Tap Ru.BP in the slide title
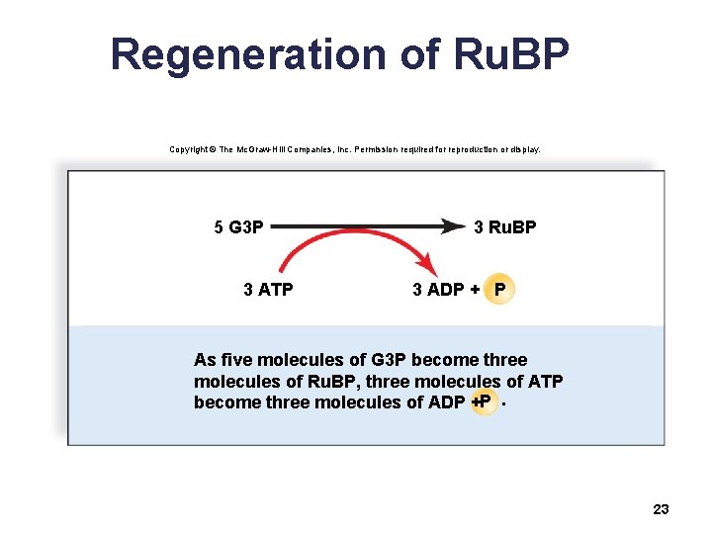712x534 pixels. pos(514,54)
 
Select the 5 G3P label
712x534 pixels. pos(238,227)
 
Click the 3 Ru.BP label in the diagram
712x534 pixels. pos(504,227)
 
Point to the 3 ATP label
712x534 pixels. pos(268,290)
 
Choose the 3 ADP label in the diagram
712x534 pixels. pos(439,290)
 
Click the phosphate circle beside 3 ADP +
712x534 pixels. pos(500,290)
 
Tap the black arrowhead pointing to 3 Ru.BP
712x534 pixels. pos(451,226)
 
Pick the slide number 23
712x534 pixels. pos(662,509)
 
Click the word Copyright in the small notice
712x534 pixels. pos(188,149)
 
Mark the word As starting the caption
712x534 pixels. pos(205,360)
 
